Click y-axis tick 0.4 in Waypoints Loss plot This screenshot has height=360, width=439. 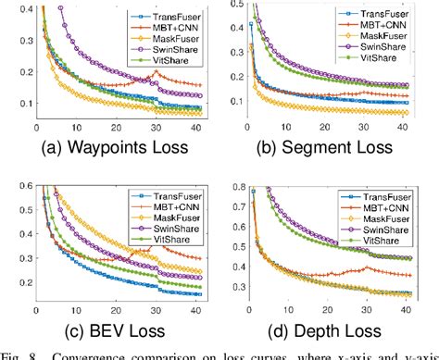tap(20, 7)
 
